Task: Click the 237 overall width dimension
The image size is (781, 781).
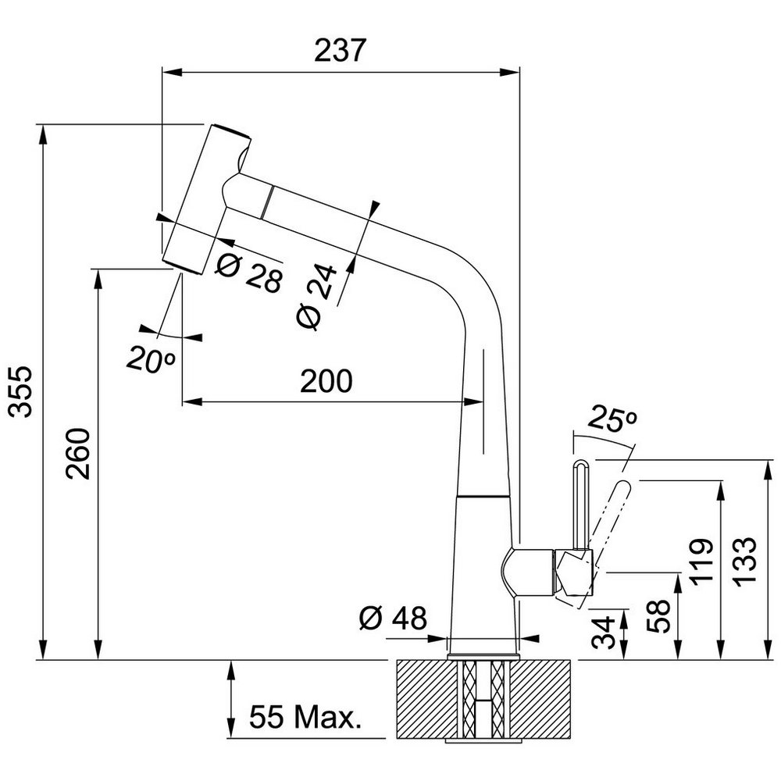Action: click(x=340, y=51)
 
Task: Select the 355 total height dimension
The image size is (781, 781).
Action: click(x=21, y=390)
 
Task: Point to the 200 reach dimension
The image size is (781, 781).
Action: click(x=326, y=382)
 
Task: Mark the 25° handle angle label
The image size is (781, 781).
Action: click(x=613, y=420)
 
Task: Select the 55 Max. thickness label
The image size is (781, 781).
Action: click(x=305, y=717)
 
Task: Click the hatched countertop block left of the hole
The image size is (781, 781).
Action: click(x=423, y=699)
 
